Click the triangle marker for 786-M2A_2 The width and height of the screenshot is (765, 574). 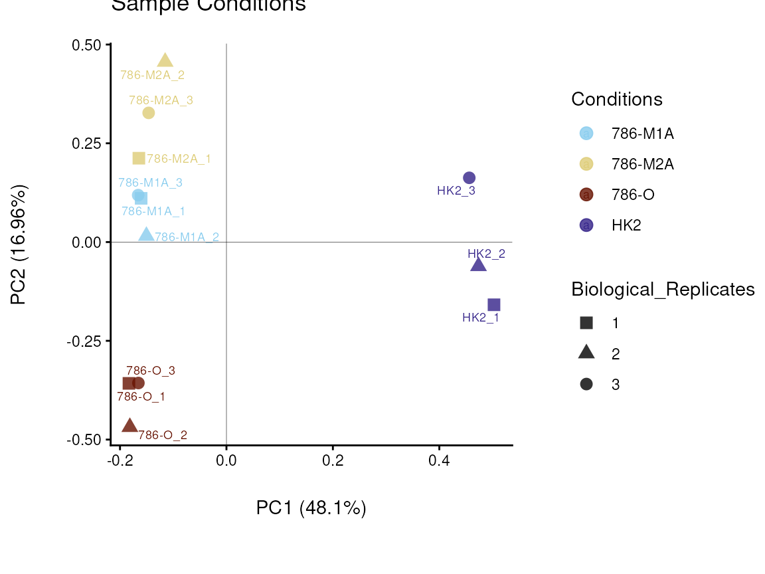tap(165, 61)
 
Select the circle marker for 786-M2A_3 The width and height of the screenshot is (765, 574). tap(149, 113)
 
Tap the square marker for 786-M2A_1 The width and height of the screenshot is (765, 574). tap(139, 158)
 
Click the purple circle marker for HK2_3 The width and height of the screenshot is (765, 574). tap(469, 178)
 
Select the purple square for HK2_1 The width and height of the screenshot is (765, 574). tap(494, 305)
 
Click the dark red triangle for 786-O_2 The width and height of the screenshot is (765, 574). tap(130, 426)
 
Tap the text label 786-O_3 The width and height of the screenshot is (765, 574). tap(151, 371)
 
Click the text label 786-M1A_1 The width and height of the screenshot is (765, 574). tap(153, 211)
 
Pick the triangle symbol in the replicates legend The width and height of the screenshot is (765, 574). tap(586, 353)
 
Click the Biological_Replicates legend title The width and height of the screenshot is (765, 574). tap(663, 290)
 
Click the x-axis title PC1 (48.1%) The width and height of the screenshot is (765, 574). tap(311, 508)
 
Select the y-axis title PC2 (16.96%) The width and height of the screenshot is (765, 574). tap(19, 245)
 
